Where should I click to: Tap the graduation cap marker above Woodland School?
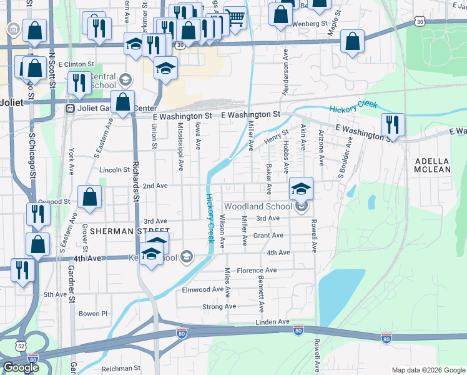pyautogui.click(x=301, y=189)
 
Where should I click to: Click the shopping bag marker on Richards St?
pyautogui.click(x=124, y=102)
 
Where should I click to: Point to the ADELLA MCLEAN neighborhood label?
pyautogui.click(x=433, y=165)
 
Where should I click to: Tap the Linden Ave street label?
pyautogui.click(x=272, y=321)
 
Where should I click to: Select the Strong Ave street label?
pyautogui.click(x=219, y=307)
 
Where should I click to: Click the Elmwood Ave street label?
pyautogui.click(x=202, y=290)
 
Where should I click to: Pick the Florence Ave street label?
pyautogui.click(x=257, y=271)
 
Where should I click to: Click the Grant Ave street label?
pyautogui.click(x=268, y=236)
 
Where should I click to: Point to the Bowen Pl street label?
pyautogui.click(x=93, y=313)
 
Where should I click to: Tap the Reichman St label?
pyautogui.click(x=122, y=369)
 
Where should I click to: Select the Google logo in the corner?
pyautogui.click(x=21, y=367)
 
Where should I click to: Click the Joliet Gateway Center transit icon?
pyautogui.click(x=71, y=108)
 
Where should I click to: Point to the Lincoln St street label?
pyautogui.click(x=114, y=169)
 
